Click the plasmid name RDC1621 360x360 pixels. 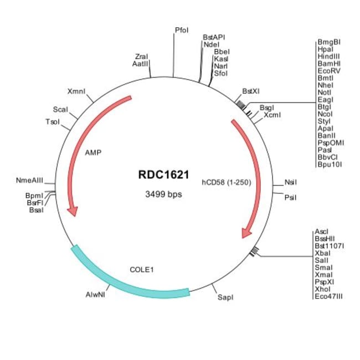point(160,174)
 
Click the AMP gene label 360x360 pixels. point(93,151)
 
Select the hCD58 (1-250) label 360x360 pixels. point(226,181)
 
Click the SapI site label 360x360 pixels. point(225,297)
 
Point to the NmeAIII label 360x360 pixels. point(29,181)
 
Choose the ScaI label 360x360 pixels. point(60,110)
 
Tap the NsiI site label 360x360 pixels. point(291,182)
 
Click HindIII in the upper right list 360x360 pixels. point(329,56)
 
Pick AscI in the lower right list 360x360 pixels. point(321,231)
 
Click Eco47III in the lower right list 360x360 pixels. point(328,296)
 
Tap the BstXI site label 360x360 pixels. point(251,91)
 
